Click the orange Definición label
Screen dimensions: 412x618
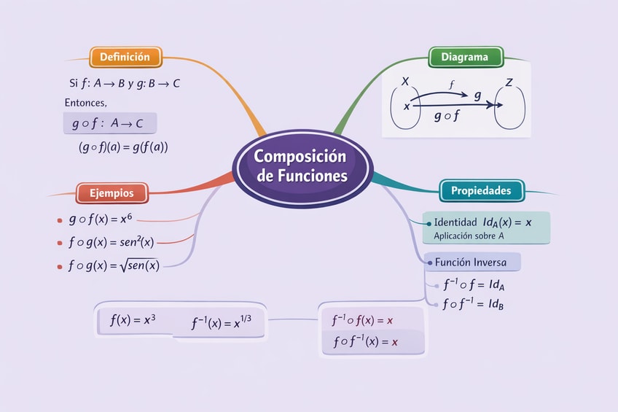125,57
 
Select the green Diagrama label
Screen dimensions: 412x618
464,57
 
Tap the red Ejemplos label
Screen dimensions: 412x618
112,193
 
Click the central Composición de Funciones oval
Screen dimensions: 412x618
302,166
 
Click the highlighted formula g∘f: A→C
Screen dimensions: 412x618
110,123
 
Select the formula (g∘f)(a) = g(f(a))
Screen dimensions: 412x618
123,147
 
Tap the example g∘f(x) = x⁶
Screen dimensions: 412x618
102,219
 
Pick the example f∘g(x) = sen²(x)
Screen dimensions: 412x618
111,242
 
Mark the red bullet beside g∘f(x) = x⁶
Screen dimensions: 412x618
58,219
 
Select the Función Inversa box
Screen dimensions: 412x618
472,261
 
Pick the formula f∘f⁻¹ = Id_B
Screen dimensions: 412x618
474,304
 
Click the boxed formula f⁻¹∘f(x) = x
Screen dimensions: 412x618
362,319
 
